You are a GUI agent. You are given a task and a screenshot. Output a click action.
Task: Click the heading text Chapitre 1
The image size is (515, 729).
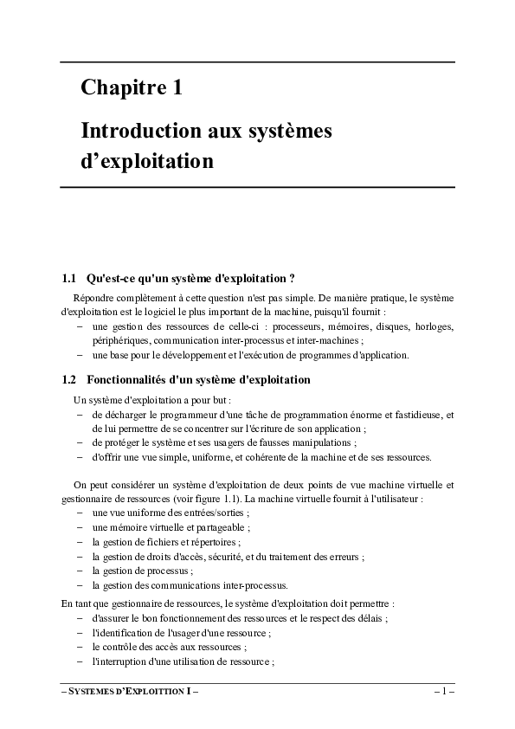pyautogui.click(x=131, y=87)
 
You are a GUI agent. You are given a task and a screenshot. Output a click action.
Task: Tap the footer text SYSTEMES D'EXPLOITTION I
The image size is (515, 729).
pyautogui.click(x=130, y=693)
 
